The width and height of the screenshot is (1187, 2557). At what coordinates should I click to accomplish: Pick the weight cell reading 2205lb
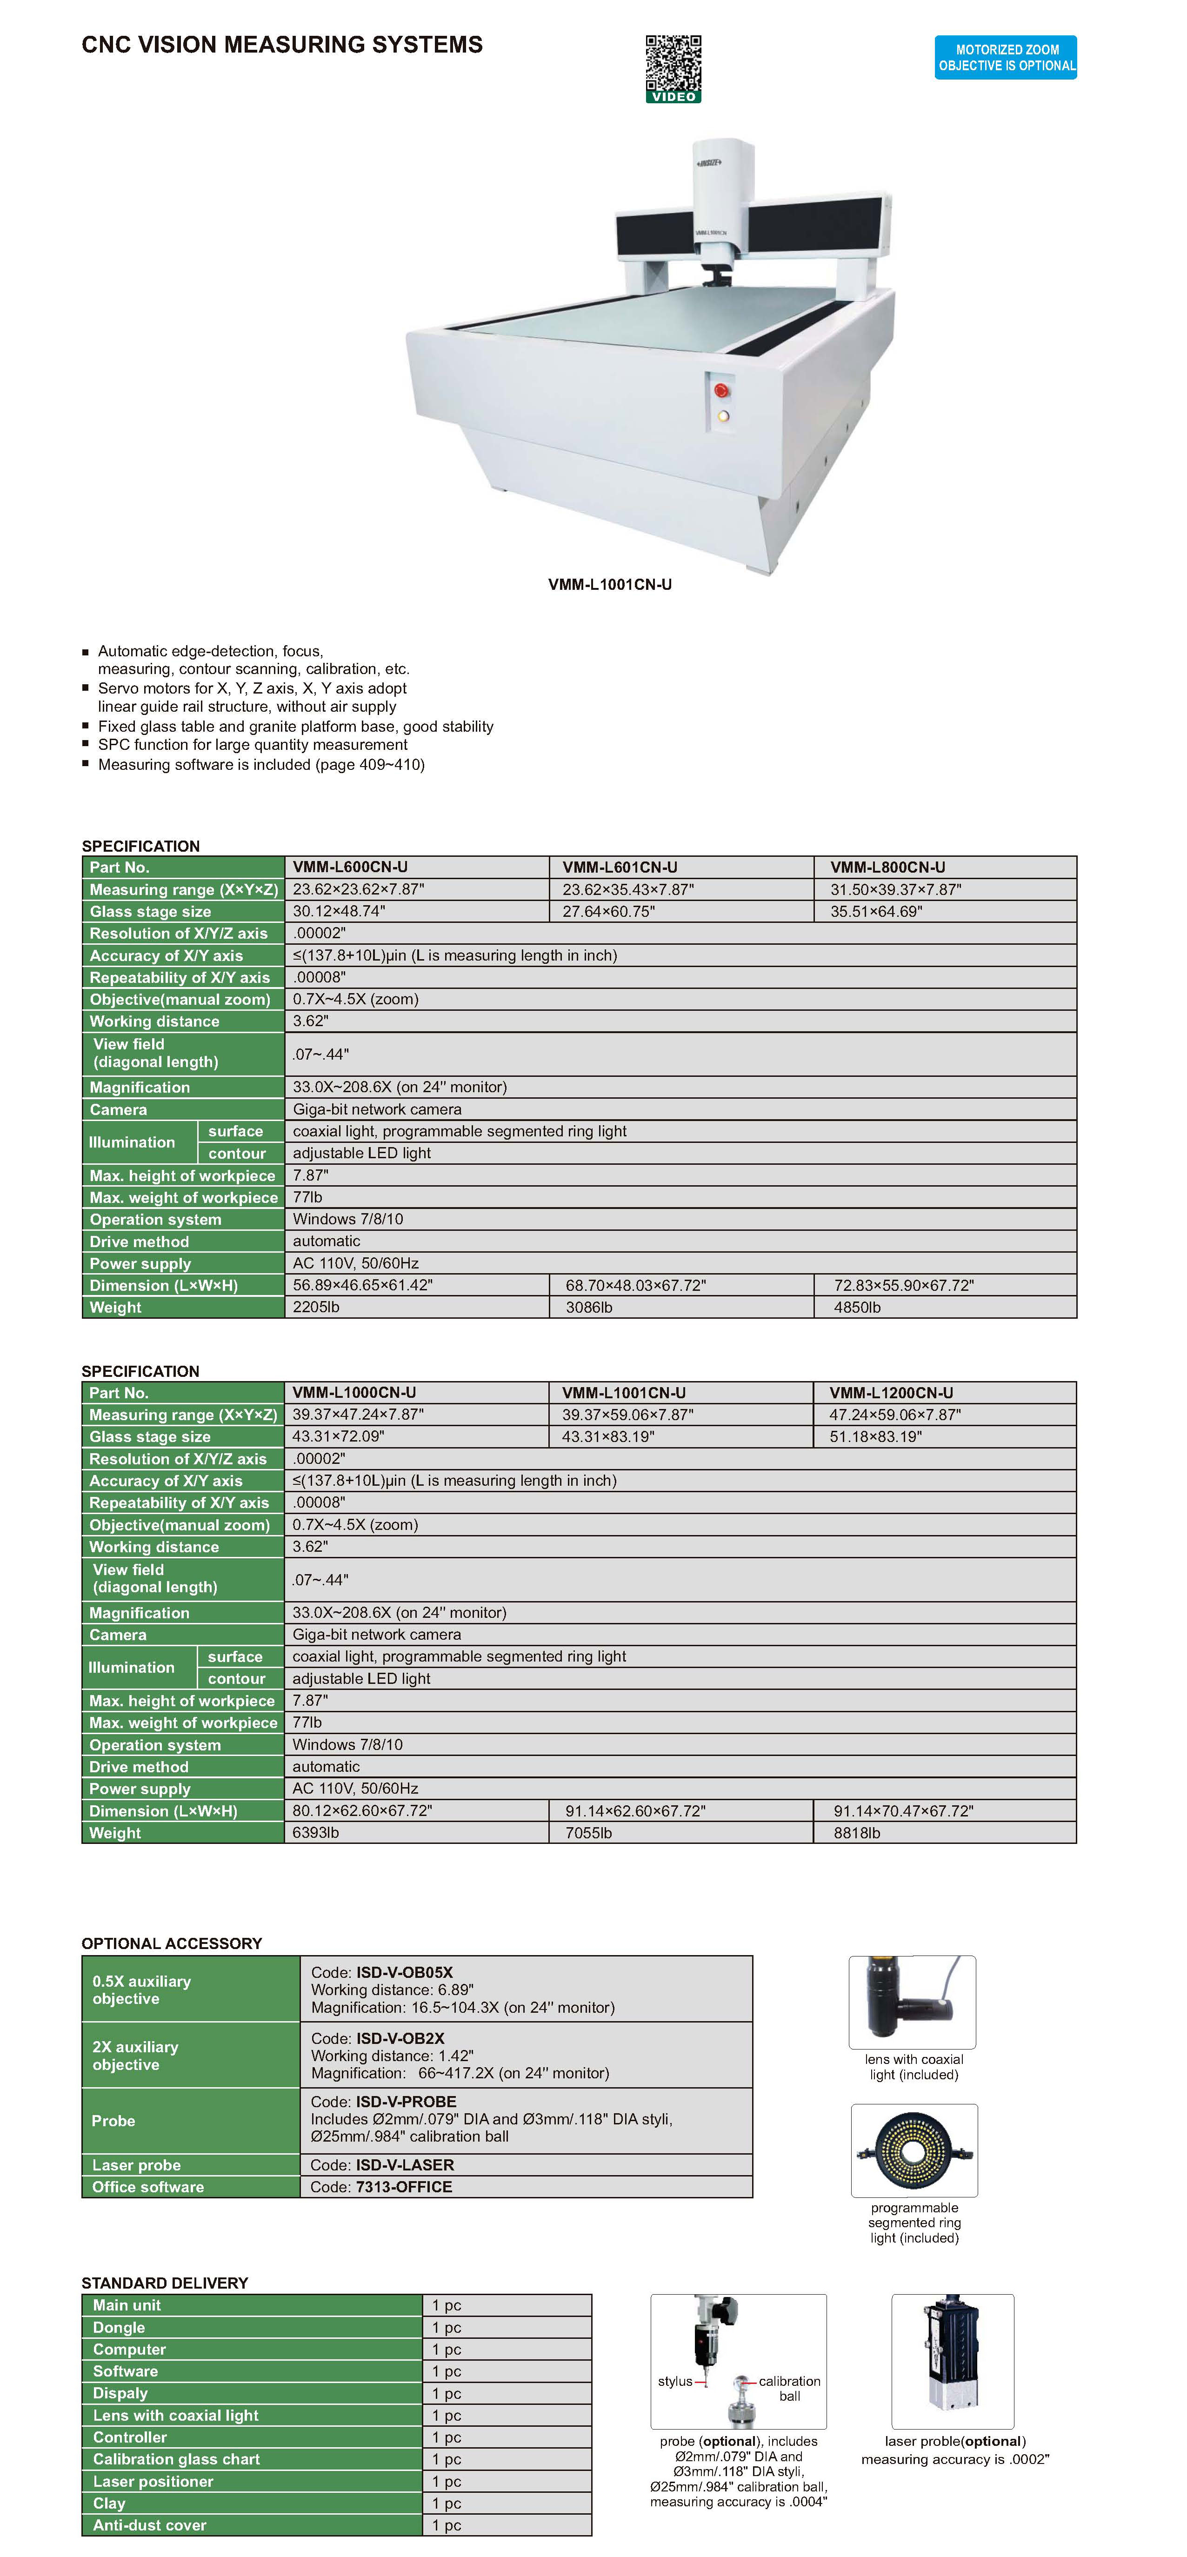(x=317, y=1307)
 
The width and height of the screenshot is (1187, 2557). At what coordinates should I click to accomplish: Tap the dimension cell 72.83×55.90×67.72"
(x=903, y=1285)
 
